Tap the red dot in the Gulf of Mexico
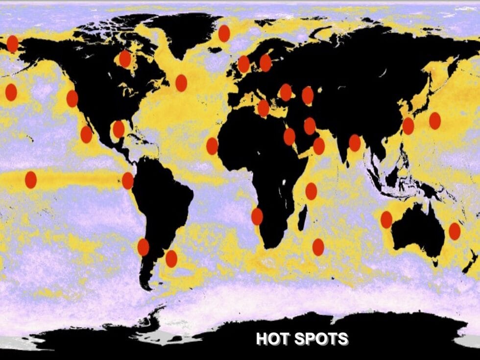click(x=119, y=129)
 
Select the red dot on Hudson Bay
click(x=125, y=59)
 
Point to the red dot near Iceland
click(x=224, y=33)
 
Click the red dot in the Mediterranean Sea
click(x=264, y=108)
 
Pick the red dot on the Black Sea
click(x=286, y=92)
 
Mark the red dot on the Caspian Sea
click(x=308, y=96)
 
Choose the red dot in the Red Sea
click(x=289, y=137)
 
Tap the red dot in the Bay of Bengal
click(x=355, y=143)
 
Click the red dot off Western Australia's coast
click(x=386, y=219)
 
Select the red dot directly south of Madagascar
click(x=318, y=247)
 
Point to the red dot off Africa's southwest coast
click(x=257, y=216)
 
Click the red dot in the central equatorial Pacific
click(x=31, y=180)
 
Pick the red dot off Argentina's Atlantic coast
click(x=171, y=259)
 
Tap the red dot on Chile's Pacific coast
click(x=143, y=247)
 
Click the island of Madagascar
click(x=304, y=216)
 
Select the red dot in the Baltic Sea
click(x=265, y=63)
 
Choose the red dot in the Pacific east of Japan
click(x=435, y=120)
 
